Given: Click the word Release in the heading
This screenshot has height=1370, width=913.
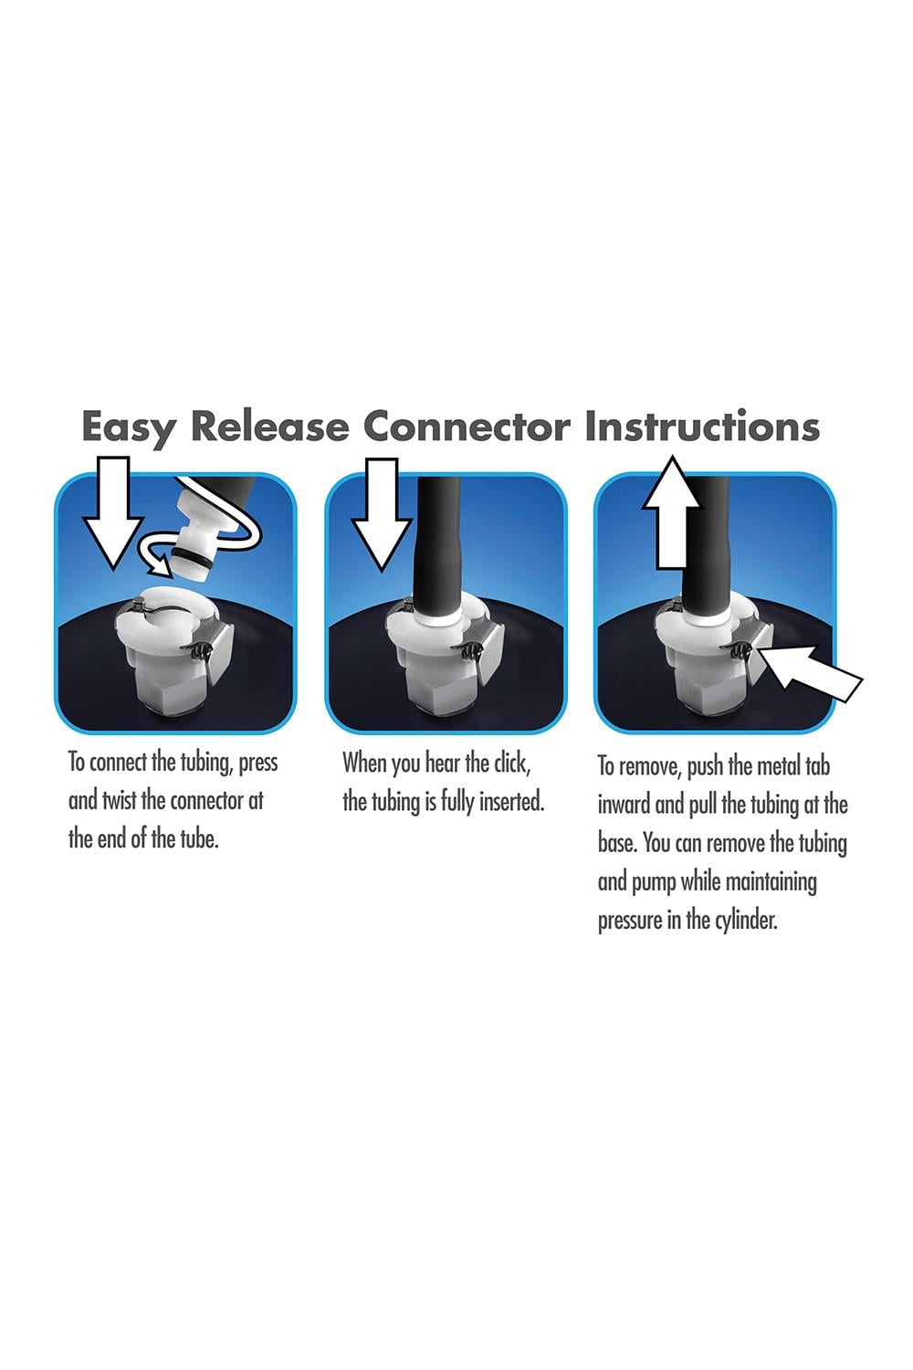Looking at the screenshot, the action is point(269,426).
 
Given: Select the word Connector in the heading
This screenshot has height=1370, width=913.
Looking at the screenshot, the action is point(467,426).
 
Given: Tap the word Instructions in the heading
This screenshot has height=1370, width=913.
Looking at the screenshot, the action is point(702,426).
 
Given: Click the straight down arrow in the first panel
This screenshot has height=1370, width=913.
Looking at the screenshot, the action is point(113,512).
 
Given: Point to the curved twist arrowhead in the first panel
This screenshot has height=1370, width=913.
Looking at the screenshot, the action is point(159,562).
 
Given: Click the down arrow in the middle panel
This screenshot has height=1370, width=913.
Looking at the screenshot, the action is point(381,513).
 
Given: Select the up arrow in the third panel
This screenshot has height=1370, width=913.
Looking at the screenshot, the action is point(671,512).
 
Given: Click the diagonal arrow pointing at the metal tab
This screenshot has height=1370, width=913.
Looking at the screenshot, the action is point(812,672).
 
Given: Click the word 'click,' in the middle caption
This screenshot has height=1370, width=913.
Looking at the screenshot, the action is point(512,763).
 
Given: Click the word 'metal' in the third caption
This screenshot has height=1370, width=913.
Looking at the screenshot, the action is point(779,766).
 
